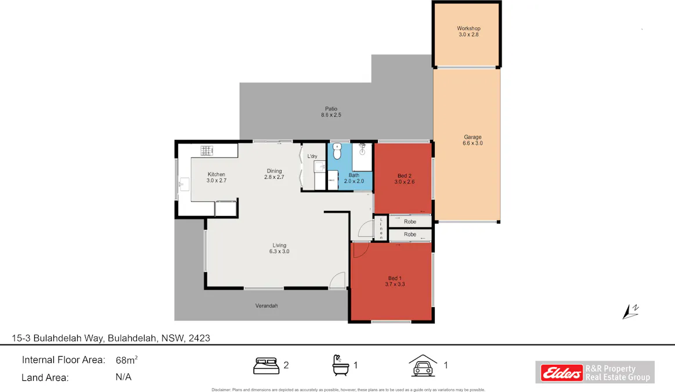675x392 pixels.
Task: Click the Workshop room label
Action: point(468,28)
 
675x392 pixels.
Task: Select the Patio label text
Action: point(331,109)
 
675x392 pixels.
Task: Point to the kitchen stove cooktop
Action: point(208,151)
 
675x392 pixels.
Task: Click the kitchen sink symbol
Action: point(183,185)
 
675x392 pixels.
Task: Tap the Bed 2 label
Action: point(405,175)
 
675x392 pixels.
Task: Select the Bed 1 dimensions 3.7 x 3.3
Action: point(395,284)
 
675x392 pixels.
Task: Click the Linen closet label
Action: point(381,228)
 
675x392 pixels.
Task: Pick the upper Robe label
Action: point(410,221)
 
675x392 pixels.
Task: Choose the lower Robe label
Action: point(410,235)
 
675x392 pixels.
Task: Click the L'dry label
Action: point(312,157)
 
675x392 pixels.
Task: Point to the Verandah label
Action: point(267,305)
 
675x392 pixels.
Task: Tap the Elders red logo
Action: point(561,372)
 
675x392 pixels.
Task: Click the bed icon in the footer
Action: point(266,365)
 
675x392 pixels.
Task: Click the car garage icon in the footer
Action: point(423,365)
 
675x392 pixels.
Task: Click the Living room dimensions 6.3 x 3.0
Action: point(279,251)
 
